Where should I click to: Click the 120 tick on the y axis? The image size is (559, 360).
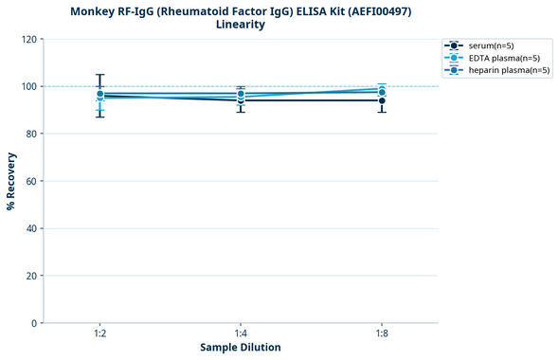(x=27, y=39)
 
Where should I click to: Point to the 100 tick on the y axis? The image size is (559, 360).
(x=27, y=86)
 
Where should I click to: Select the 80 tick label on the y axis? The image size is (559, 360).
(x=30, y=134)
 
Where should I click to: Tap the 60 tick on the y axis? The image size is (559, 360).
(x=30, y=181)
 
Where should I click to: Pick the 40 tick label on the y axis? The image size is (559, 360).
(x=30, y=228)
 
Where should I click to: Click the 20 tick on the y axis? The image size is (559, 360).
(x=30, y=276)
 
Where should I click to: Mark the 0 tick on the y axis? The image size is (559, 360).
(x=33, y=323)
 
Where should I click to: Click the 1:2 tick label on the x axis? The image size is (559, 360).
(x=99, y=333)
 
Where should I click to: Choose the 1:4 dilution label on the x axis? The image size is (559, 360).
(x=241, y=333)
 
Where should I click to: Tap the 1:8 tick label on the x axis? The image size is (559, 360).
(x=381, y=333)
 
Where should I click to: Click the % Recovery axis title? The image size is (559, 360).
(x=11, y=180)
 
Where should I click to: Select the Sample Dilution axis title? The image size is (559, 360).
(x=241, y=348)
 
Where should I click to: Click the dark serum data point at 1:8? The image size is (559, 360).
(x=381, y=100)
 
